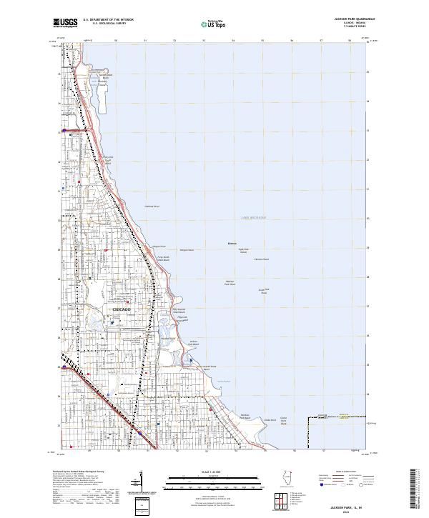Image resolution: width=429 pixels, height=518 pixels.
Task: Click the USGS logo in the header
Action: pyautogui.click(x=65, y=23)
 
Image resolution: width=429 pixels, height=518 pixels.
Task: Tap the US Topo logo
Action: pyautogui.click(x=212, y=24)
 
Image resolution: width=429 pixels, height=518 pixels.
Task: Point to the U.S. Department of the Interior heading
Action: pyautogui.click(x=108, y=20)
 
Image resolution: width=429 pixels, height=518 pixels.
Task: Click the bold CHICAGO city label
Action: pyautogui.click(x=122, y=309)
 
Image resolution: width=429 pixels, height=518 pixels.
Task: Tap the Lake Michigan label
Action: pyautogui.click(x=252, y=217)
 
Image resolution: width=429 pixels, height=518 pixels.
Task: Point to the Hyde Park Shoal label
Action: pyautogui.click(x=243, y=251)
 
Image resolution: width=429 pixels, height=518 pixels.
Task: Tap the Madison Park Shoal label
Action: pyautogui.click(x=230, y=283)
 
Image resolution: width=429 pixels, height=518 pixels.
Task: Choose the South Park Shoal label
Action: pyautogui.click(x=263, y=290)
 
